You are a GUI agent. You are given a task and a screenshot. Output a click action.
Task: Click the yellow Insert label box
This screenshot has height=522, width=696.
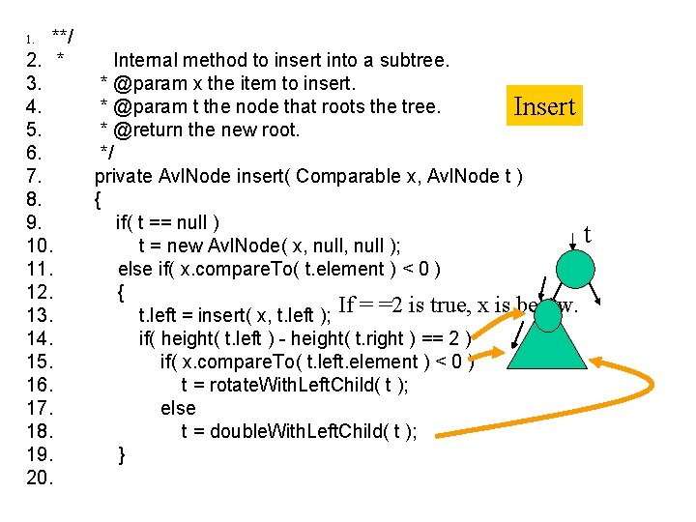(x=544, y=106)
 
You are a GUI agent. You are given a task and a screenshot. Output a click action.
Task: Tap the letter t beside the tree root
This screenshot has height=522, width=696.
(x=587, y=235)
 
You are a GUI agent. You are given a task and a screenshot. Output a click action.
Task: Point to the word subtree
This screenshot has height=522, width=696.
(x=416, y=61)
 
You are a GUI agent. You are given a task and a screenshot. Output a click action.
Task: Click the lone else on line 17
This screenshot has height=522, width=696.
(x=178, y=408)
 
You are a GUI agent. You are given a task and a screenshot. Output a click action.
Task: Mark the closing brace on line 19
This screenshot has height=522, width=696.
(x=122, y=453)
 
